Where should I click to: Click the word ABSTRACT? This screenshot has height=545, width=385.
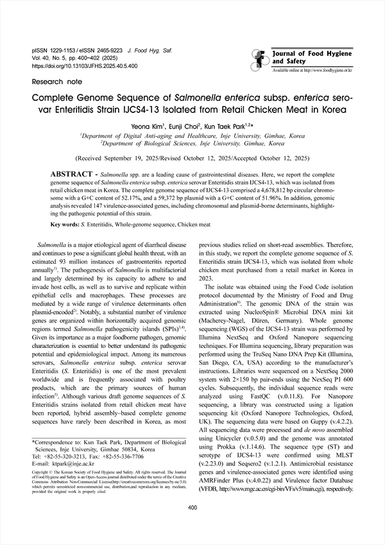[73, 175]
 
